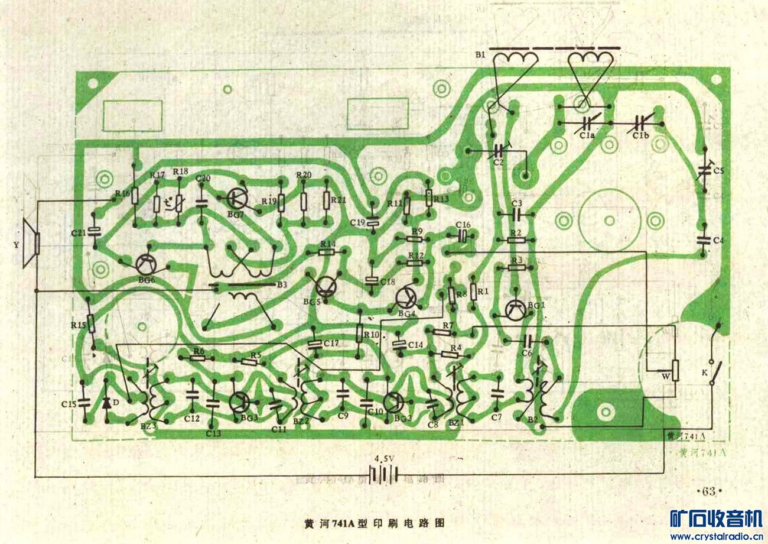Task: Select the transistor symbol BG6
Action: (146, 265)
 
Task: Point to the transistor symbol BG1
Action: (516, 309)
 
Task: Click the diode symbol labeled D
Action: (107, 403)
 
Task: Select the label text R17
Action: (157, 175)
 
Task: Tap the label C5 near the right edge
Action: (718, 171)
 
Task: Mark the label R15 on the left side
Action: (78, 325)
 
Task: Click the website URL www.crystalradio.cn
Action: (715, 536)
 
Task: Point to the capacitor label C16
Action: (463, 225)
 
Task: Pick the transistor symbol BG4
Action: (406, 297)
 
